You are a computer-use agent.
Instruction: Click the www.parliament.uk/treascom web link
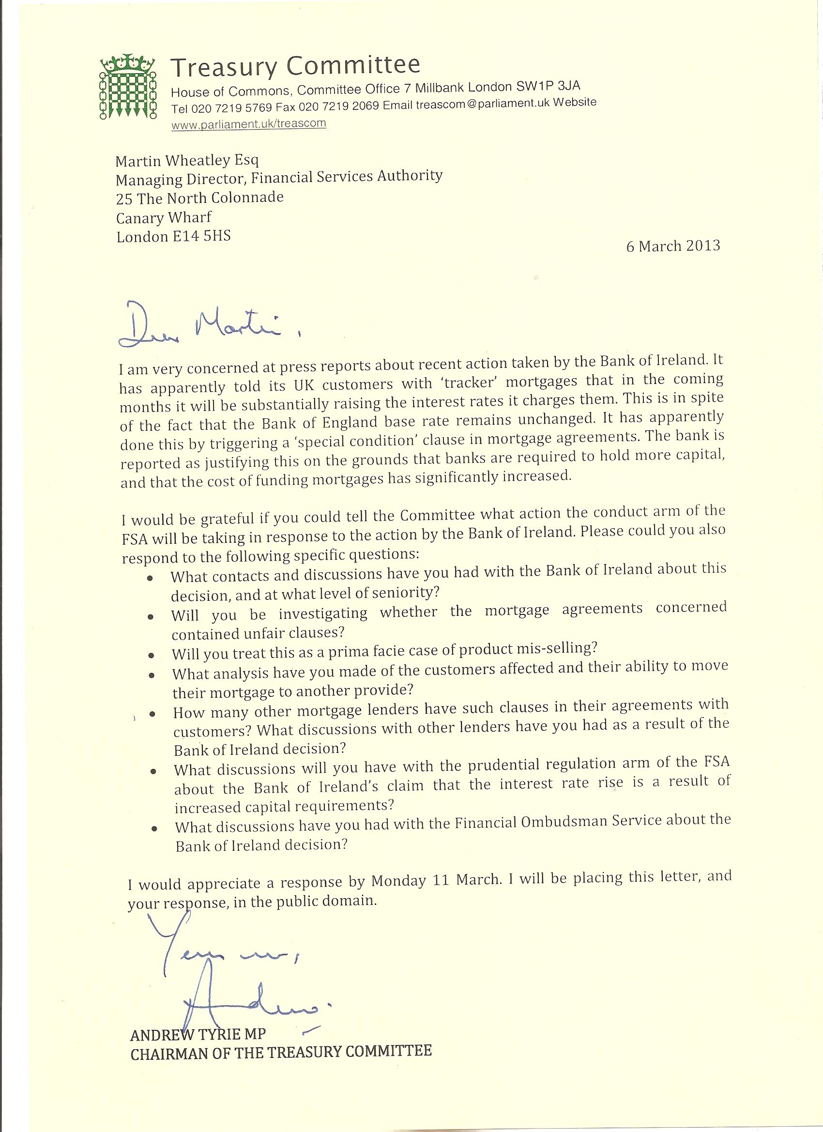point(248,123)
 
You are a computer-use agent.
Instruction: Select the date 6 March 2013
point(673,246)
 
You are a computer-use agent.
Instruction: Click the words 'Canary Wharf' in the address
point(164,217)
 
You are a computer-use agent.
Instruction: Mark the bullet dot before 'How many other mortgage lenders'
point(152,714)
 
